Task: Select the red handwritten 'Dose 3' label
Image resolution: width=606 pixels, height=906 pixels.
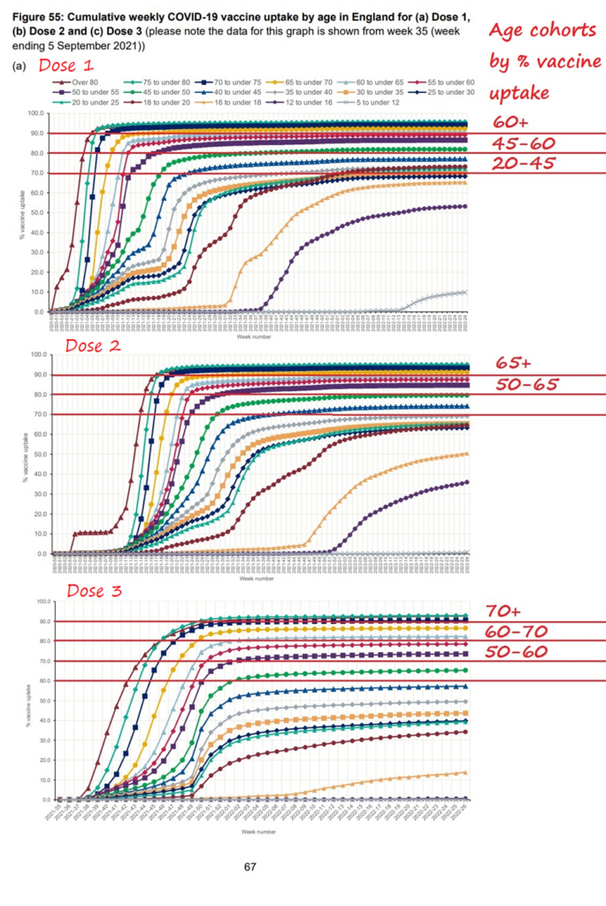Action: pyautogui.click(x=94, y=591)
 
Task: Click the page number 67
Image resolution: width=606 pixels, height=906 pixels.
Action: pyautogui.click(x=251, y=866)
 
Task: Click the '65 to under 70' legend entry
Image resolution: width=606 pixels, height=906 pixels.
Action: pyautogui.click(x=306, y=81)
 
